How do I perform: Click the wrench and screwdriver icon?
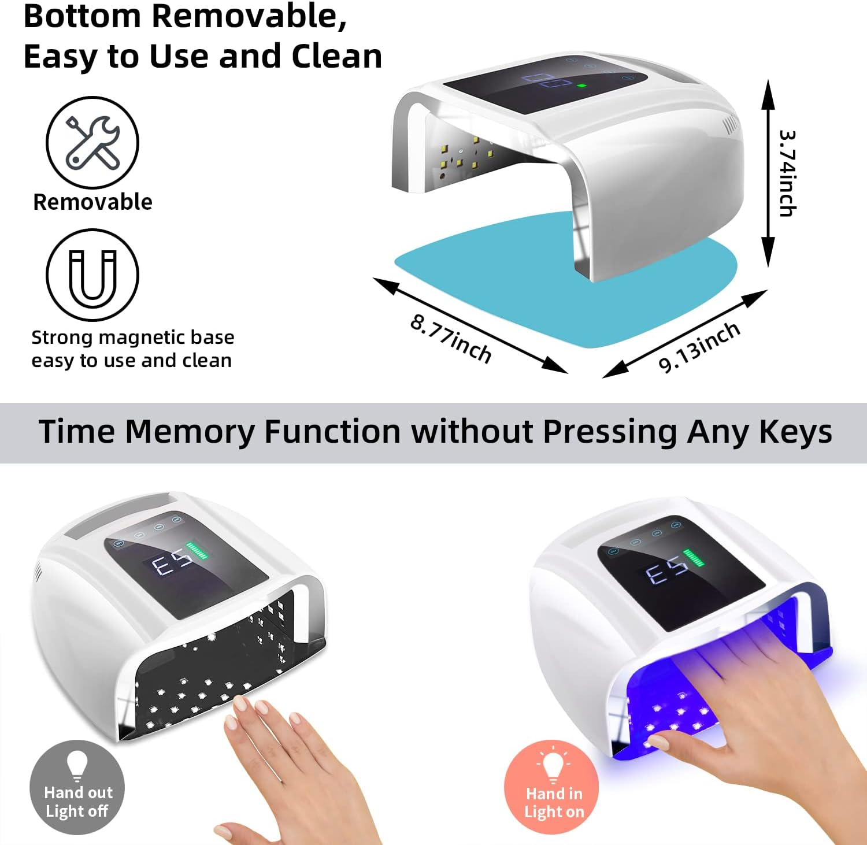tap(92, 142)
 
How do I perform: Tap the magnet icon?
tap(92, 275)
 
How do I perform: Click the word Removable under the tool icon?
tap(92, 202)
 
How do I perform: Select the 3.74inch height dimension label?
tap(787, 173)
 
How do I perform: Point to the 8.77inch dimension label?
tap(451, 339)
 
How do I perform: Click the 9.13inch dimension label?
tap(699, 347)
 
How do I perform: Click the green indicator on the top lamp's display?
tap(581, 86)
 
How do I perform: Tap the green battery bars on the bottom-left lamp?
tap(198, 551)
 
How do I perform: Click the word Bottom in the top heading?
tap(82, 16)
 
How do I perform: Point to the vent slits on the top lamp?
tap(731, 123)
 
